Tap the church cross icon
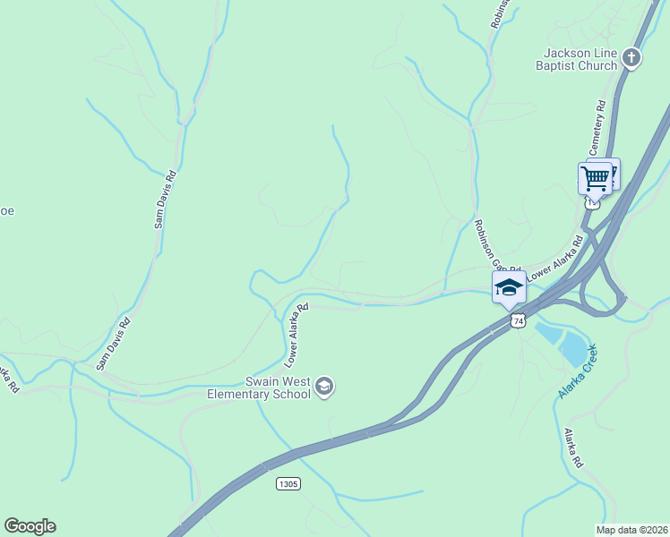point(631,59)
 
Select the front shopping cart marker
point(595,178)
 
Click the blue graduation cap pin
point(509,286)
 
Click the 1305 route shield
point(288,483)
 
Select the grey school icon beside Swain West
point(323,388)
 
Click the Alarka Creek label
point(577,370)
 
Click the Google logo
point(30,526)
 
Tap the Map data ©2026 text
point(632,530)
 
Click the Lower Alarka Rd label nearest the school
point(296,335)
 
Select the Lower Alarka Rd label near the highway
point(554,260)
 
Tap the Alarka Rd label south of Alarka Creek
point(573,448)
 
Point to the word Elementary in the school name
point(239,394)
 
